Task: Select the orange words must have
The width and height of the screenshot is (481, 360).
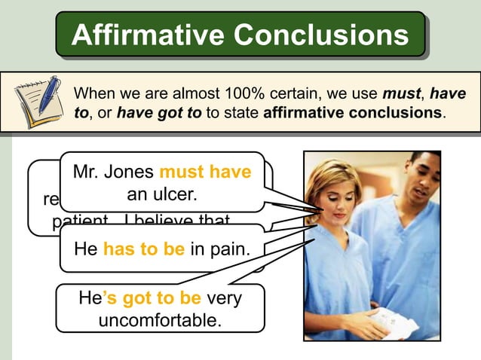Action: click(x=205, y=172)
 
